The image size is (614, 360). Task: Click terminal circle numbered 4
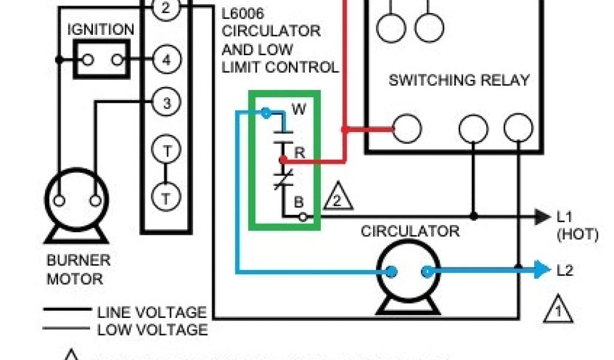pos(166,59)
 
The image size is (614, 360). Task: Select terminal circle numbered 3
pos(166,103)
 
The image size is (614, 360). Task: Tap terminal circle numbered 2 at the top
pos(166,8)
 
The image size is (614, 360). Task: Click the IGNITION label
pos(101,29)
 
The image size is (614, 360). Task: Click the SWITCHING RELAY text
pos(459,80)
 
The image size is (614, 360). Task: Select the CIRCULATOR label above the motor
pos(410,231)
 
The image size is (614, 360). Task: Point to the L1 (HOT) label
pos(577,225)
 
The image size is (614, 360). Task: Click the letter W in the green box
pos(298,109)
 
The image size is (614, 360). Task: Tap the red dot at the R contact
pos(282,160)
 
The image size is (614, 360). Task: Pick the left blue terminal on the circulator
pos(390,272)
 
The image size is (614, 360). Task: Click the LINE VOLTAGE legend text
pos(152,312)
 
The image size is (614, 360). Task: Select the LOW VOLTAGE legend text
pos(152,329)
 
